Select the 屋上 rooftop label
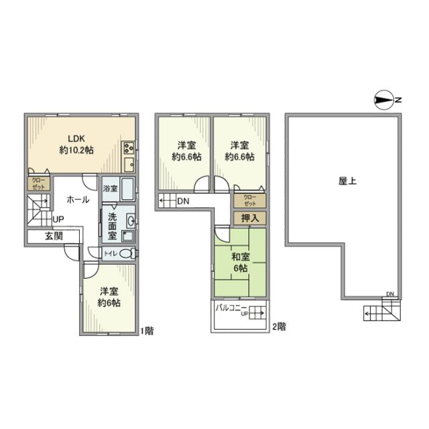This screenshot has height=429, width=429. [347, 180]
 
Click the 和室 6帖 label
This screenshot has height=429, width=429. [239, 262]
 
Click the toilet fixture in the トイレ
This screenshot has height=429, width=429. [129, 253]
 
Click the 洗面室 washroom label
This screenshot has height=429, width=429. [113, 225]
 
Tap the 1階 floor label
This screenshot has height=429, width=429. [147, 331]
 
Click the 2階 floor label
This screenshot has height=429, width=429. [280, 327]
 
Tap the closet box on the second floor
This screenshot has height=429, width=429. [249, 199]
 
